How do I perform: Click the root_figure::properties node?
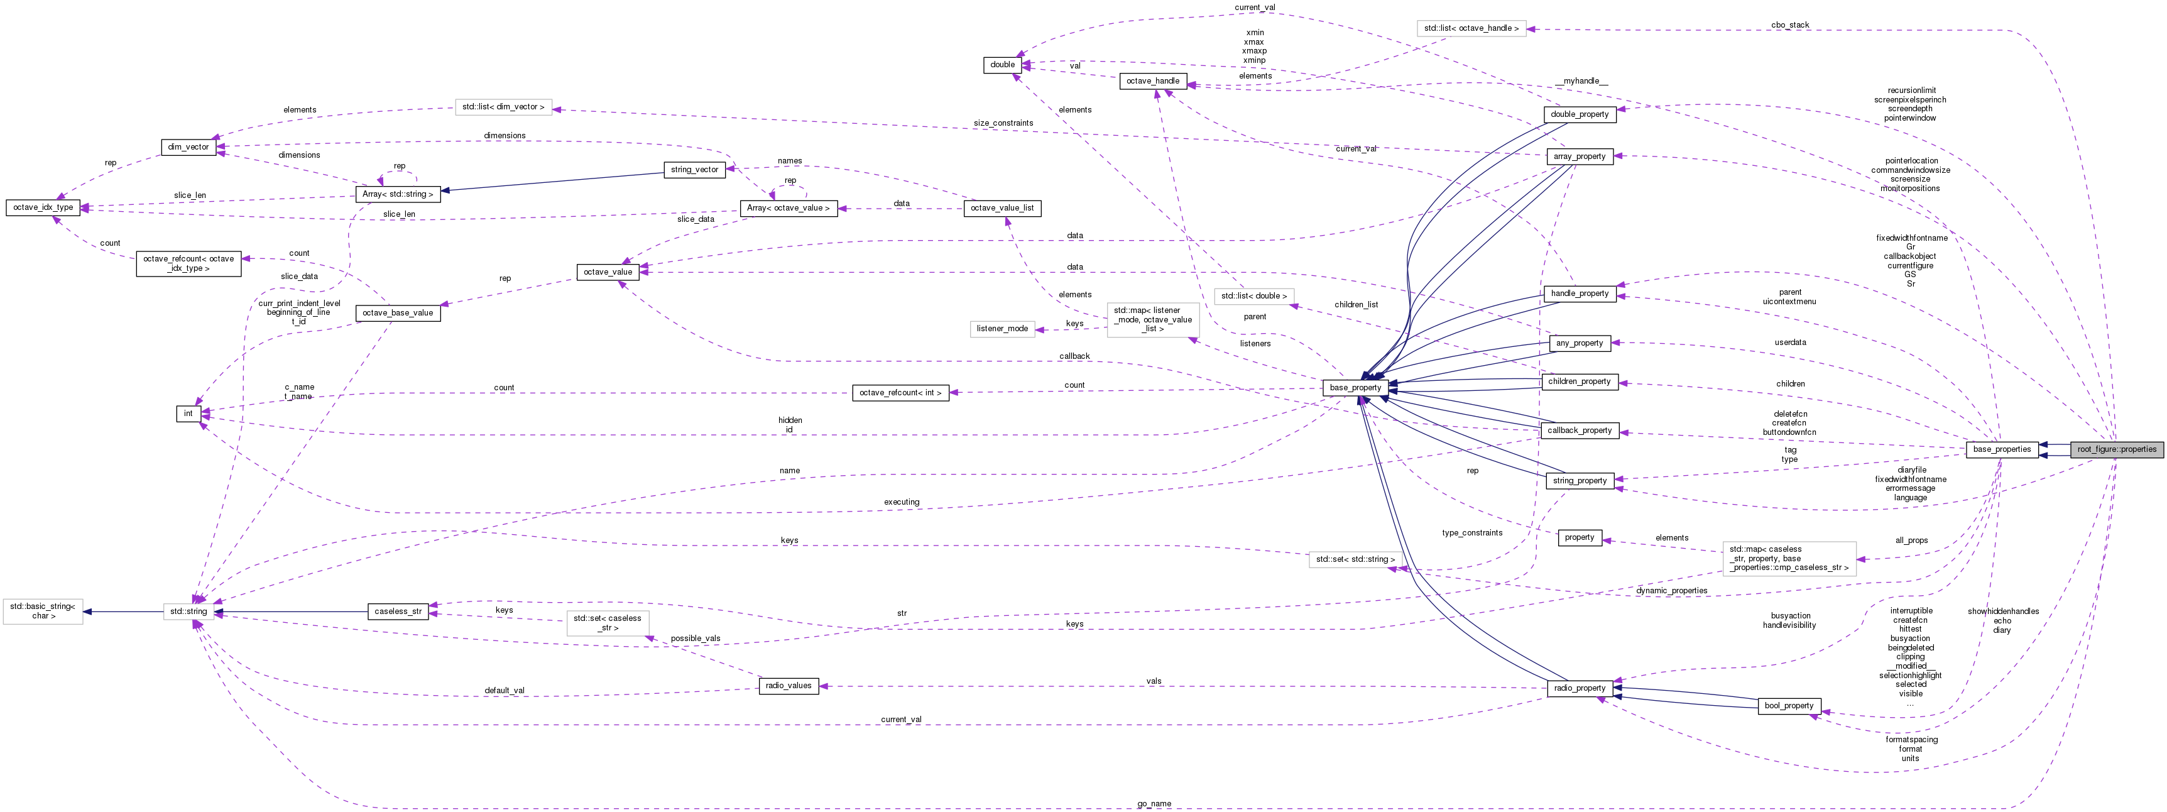pos(2115,449)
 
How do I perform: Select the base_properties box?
pos(2001,449)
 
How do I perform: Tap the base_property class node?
pos(1355,388)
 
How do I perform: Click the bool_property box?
pos(1788,706)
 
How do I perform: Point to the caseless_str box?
pos(398,612)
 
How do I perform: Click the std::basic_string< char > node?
pos(43,612)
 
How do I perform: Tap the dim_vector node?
pos(188,147)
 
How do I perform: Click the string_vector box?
pos(694,170)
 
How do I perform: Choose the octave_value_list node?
pos(1002,208)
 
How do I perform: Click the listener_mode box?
pos(1002,329)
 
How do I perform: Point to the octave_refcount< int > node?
pos(900,393)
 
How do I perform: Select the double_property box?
pos(1579,114)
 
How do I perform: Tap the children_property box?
pos(1579,382)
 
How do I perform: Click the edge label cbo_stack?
pos(1789,25)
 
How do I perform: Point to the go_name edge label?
pos(1154,804)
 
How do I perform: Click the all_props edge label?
pos(1911,540)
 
